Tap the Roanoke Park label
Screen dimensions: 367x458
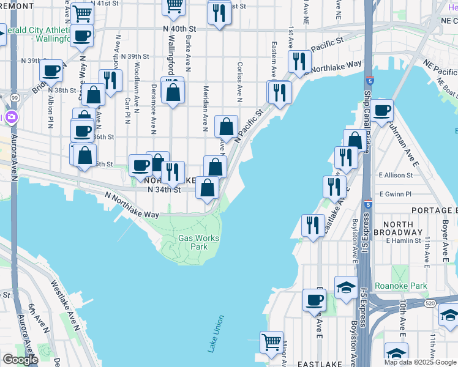click(x=410, y=285)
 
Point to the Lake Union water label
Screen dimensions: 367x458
click(x=216, y=334)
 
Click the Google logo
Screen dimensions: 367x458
click(x=20, y=360)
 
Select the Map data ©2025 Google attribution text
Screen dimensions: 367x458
click(x=420, y=362)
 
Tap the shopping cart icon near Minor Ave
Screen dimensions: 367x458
click(x=271, y=341)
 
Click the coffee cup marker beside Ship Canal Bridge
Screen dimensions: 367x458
click(x=381, y=111)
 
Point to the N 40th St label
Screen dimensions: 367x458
click(x=179, y=29)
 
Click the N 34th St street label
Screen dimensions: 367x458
click(x=165, y=190)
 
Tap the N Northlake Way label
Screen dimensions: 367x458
click(x=131, y=206)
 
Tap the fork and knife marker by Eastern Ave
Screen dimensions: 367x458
click(x=279, y=92)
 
